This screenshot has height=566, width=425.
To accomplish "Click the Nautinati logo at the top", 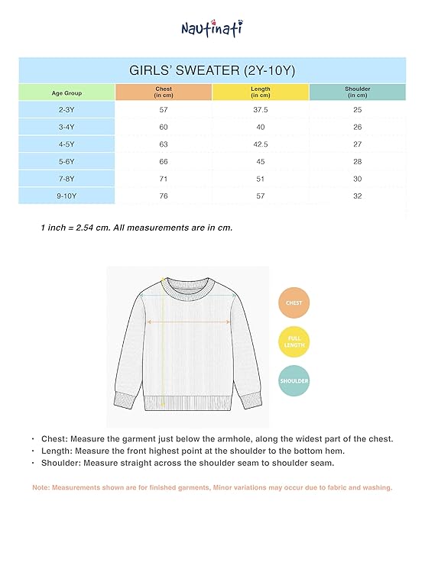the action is click(x=212, y=27).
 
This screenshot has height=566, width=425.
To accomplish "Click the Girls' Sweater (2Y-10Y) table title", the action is click(x=212, y=70).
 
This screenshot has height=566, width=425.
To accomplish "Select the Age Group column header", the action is click(x=67, y=92).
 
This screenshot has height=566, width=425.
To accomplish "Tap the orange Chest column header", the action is click(x=164, y=92).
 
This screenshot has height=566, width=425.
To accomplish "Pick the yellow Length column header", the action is click(x=260, y=92).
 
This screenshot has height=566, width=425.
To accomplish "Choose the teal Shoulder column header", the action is click(x=357, y=92).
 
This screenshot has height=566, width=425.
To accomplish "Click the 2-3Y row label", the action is click(x=67, y=110).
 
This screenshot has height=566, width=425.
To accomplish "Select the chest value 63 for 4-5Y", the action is click(x=164, y=144).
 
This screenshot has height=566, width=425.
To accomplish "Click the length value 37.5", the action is click(x=260, y=110).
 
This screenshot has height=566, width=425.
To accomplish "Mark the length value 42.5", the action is click(x=260, y=144).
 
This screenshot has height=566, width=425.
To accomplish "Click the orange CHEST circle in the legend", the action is click(x=294, y=303).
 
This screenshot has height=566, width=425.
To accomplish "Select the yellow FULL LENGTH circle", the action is click(x=294, y=341).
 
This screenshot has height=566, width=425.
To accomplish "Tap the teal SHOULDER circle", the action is click(x=294, y=380).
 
